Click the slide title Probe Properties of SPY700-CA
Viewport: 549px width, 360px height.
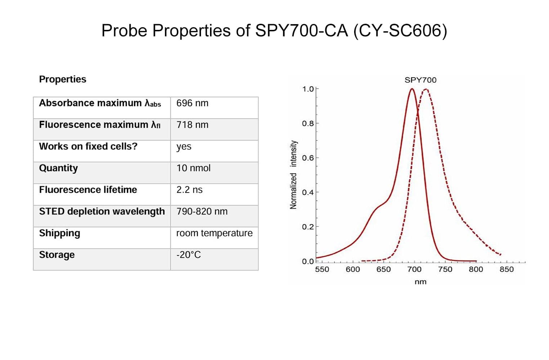point(274,30)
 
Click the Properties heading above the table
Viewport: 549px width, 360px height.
point(63,79)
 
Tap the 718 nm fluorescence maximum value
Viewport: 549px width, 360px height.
point(192,125)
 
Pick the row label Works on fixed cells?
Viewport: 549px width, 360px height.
point(88,147)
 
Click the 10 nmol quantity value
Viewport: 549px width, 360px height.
point(193,168)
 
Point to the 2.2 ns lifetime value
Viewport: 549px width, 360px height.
point(189,190)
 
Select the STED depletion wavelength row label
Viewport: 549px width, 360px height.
point(102,211)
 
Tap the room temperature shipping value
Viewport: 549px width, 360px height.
point(214,233)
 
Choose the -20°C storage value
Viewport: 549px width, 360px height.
point(188,255)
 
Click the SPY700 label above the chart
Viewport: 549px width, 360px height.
point(420,80)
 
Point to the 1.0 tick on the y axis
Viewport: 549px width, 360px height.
point(308,89)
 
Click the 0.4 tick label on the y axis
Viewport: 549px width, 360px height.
point(308,192)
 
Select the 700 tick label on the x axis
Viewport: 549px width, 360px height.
point(414,269)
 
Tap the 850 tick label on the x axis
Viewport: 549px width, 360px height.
point(506,269)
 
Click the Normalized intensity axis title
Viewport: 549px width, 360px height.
point(294,175)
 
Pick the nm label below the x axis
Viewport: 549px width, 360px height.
point(420,282)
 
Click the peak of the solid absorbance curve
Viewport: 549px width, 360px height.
point(412,89)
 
